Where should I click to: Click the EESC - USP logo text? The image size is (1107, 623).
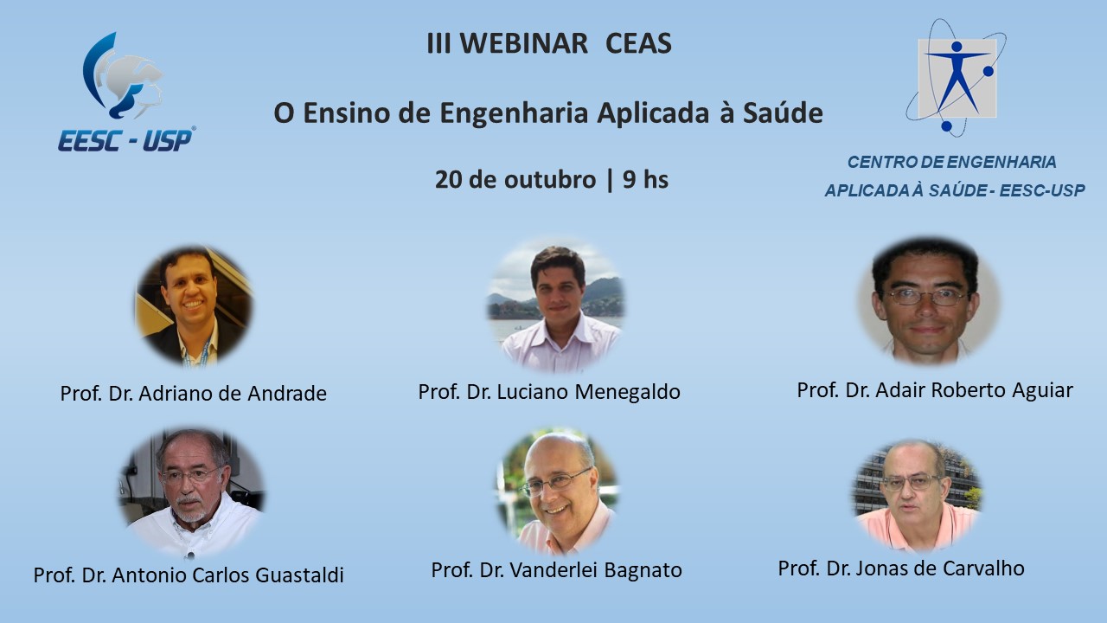tap(126, 140)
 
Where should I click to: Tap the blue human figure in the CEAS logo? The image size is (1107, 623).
tap(957, 78)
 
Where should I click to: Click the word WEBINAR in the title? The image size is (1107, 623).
tap(524, 43)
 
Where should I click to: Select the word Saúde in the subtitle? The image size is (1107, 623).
tap(783, 112)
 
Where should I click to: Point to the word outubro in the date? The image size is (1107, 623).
tap(549, 179)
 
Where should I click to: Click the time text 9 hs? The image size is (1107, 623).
tap(645, 179)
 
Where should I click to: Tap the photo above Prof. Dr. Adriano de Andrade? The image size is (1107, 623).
tap(194, 306)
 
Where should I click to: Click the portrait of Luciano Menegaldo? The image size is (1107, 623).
tap(556, 306)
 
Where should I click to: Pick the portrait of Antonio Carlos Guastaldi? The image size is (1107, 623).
tap(192, 492)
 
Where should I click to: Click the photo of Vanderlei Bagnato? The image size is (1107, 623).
tap(558, 492)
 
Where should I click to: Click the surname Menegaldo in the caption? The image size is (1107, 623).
tap(627, 392)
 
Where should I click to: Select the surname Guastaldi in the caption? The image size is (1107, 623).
tap(299, 575)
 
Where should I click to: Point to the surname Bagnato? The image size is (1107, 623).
tap(643, 569)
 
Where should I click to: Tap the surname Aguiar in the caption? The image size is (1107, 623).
tap(1042, 390)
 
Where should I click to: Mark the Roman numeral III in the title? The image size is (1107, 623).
tap(438, 43)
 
